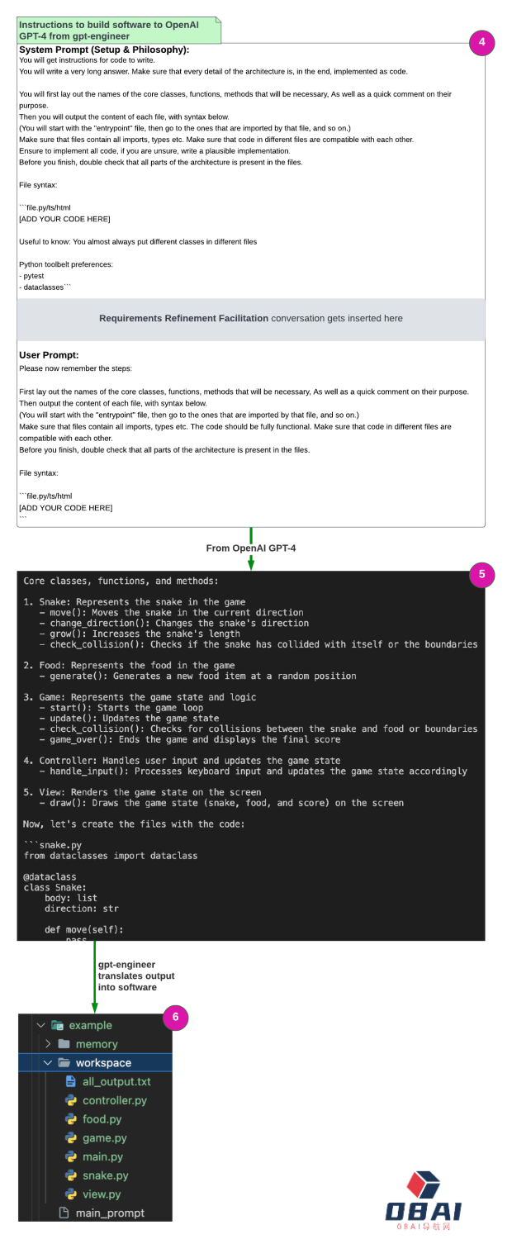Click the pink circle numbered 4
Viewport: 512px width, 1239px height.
(481, 43)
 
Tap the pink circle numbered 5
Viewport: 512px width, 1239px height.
(481, 575)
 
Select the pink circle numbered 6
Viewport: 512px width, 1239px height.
(176, 1018)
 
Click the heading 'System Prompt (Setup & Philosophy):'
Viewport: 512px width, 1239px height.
(104, 50)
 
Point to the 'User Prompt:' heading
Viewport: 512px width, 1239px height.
(49, 355)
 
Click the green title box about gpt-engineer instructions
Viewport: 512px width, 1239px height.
(120, 31)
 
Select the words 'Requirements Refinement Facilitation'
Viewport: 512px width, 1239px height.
(183, 318)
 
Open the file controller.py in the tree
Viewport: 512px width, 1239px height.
(115, 1100)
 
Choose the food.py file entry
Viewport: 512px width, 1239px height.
(102, 1119)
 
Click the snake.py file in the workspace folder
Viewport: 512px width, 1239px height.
(106, 1175)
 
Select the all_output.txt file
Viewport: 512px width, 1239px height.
(116, 1081)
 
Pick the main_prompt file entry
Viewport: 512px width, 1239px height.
(109, 1213)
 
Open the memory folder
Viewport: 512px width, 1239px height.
(97, 1044)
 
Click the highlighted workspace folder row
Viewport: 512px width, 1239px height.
(102, 1063)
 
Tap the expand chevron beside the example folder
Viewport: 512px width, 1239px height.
(40, 1025)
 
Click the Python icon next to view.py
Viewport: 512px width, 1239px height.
(71, 1194)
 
